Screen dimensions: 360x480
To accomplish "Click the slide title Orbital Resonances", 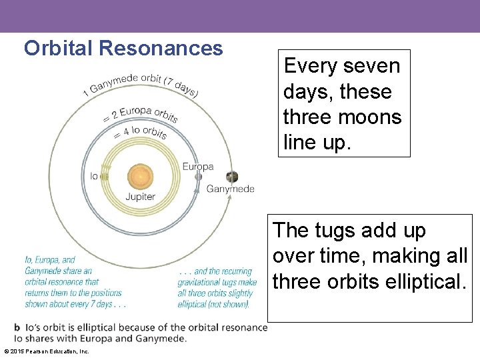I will [123, 48].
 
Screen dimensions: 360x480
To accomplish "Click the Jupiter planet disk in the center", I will [140, 177].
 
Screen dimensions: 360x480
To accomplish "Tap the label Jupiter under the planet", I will [140, 197].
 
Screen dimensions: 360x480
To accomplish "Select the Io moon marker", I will [104, 177].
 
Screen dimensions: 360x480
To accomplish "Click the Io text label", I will [94, 177].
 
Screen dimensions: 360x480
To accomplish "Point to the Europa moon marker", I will [198, 177].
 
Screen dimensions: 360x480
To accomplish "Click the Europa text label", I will [198, 166].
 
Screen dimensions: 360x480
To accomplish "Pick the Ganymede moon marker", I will [231, 177].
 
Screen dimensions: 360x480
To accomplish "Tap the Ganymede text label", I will [231, 189].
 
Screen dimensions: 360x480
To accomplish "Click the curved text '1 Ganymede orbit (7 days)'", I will [140, 83].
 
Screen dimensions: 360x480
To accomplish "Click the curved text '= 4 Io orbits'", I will [140, 131].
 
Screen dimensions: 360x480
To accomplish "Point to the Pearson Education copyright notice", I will [47, 351].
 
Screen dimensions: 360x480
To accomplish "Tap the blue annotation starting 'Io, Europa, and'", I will [73, 282].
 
